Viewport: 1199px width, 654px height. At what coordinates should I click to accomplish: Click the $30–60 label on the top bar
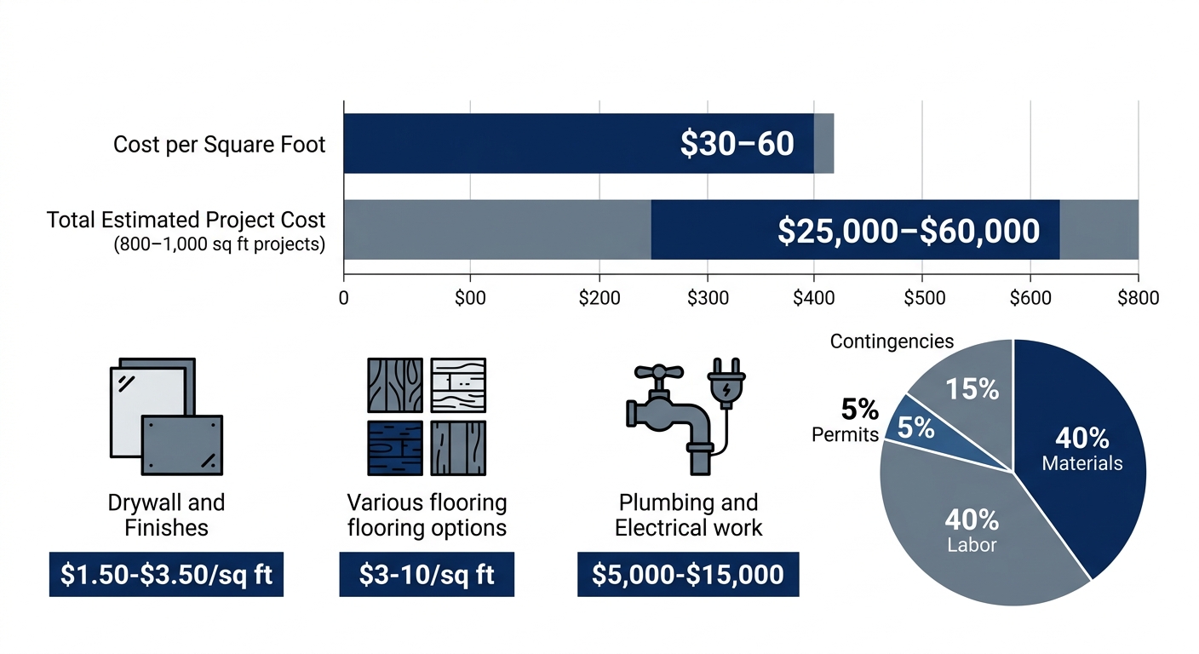pos(737,143)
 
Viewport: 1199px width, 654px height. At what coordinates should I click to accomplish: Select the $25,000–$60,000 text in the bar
pos(909,231)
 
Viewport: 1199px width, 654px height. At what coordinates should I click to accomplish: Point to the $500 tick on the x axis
pos(924,298)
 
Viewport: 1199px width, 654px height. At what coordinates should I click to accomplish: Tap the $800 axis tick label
pos(1139,298)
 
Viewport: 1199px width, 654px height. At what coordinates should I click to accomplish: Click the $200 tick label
pos(599,298)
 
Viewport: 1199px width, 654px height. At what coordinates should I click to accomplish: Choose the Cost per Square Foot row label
pos(219,145)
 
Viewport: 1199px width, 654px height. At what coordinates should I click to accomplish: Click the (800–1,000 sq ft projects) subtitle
pos(219,245)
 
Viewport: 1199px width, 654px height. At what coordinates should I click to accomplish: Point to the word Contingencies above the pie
pos(892,341)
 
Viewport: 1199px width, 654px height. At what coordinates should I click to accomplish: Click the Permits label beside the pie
pos(845,435)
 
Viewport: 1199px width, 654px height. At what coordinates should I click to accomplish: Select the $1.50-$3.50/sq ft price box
pos(166,574)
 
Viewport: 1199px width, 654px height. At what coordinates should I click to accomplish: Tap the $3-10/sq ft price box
pos(427,574)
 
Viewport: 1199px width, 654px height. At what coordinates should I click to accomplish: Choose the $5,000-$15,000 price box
pos(688,574)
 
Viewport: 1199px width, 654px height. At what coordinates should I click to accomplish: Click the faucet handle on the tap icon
pos(659,373)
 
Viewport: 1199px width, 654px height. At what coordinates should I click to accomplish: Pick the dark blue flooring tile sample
pos(394,448)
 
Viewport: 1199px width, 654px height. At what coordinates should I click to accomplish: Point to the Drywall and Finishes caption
pos(166,514)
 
